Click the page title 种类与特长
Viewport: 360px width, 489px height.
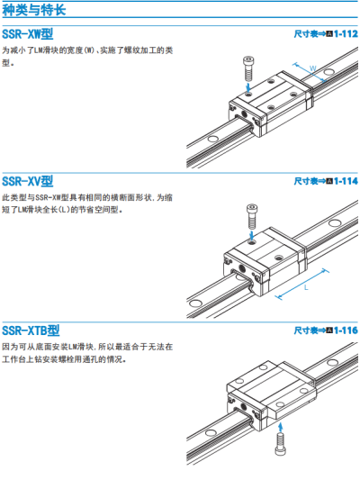point(34,10)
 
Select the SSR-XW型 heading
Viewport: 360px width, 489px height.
point(28,34)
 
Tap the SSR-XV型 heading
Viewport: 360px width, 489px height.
point(28,181)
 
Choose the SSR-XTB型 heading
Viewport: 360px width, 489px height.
point(31,331)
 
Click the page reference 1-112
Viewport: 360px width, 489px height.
point(346,33)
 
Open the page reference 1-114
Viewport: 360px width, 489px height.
point(346,181)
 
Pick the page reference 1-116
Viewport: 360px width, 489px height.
point(346,331)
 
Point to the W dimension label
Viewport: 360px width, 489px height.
point(313,68)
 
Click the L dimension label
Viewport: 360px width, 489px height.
point(306,287)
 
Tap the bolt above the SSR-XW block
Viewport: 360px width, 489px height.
point(248,68)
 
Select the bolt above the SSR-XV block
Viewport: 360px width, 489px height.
point(252,216)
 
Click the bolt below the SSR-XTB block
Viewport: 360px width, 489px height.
point(280,444)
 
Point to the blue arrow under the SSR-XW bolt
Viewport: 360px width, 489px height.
point(248,87)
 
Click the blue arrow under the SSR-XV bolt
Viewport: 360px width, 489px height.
point(252,235)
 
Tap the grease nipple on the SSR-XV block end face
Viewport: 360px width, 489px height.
point(241,268)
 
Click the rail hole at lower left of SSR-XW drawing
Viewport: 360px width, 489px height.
point(213,138)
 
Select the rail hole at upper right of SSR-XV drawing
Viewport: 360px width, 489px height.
point(335,223)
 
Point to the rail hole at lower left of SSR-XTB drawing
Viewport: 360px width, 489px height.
point(211,432)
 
